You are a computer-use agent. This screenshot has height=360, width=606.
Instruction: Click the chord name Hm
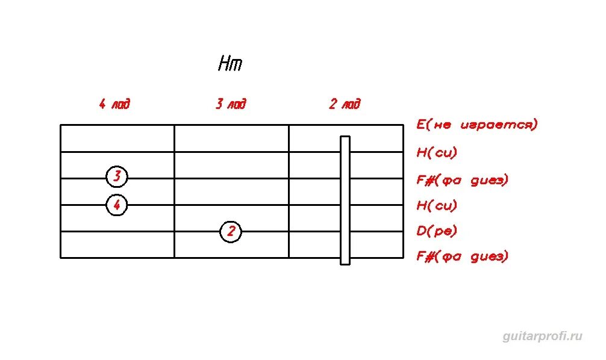tap(230, 64)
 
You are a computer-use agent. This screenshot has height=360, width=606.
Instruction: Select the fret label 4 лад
tap(114, 104)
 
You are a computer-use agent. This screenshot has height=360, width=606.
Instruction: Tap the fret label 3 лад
tap(231, 104)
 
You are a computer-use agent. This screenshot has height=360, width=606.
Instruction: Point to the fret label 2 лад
tap(345, 104)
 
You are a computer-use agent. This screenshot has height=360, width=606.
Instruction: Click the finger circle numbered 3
tap(117, 177)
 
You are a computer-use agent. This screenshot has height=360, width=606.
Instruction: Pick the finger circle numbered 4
tap(117, 205)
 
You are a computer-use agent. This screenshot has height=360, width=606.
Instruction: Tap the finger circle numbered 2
tap(231, 231)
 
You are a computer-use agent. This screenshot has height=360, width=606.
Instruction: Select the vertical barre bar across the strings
tap(345, 200)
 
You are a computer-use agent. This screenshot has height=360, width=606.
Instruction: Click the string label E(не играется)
tap(476, 125)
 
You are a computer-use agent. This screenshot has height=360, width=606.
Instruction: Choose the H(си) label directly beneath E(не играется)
tap(437, 152)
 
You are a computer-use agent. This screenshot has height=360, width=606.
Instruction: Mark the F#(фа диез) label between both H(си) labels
tap(463, 179)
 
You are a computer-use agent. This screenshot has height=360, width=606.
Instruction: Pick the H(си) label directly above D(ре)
tap(437, 205)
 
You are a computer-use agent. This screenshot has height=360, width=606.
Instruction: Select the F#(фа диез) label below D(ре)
tap(463, 256)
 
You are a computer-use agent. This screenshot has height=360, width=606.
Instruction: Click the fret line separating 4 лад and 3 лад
tap(175, 191)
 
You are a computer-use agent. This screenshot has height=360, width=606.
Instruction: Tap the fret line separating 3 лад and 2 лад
tap(289, 191)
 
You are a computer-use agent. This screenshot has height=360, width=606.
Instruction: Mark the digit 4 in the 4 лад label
tap(102, 104)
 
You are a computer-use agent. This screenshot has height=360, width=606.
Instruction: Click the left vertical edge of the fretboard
tap(61, 191)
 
